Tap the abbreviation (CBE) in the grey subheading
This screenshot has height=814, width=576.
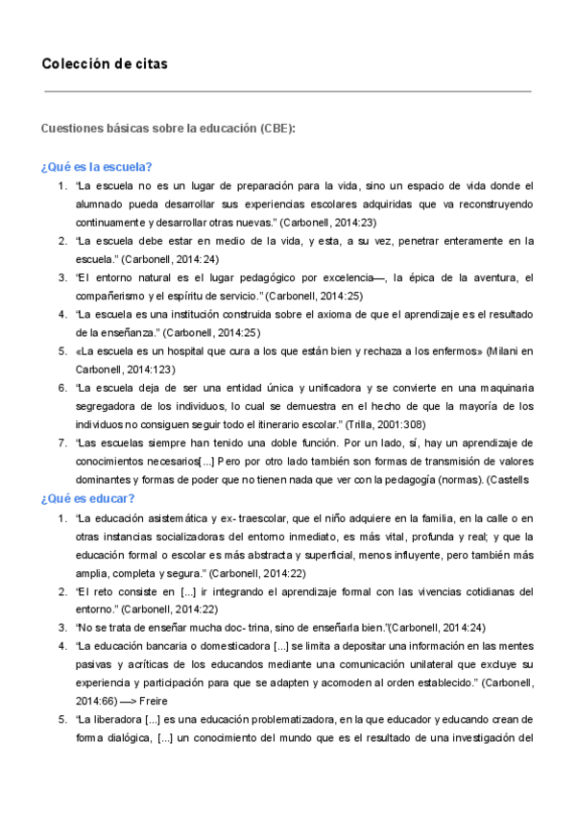(276, 129)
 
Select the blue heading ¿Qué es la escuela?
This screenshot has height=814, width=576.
(98, 165)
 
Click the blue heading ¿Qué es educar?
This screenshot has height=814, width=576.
(88, 499)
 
